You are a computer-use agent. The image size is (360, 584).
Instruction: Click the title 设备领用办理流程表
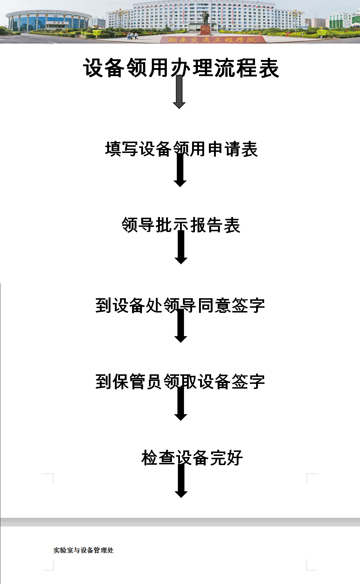coord(181,68)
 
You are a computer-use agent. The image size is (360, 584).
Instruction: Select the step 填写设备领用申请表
coord(181,149)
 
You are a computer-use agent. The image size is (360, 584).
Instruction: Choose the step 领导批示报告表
coord(181,225)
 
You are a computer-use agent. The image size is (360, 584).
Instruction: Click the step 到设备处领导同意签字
coord(180,306)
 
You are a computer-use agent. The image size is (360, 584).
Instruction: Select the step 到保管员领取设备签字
coord(180,382)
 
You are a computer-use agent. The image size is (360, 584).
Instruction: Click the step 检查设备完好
coord(192,458)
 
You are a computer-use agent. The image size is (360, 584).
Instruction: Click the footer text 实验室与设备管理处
coord(83,550)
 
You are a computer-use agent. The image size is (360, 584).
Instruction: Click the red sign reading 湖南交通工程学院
coord(212,39)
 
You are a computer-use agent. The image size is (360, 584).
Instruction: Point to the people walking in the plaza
coord(132,35)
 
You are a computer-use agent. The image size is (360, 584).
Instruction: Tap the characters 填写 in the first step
coord(122,149)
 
